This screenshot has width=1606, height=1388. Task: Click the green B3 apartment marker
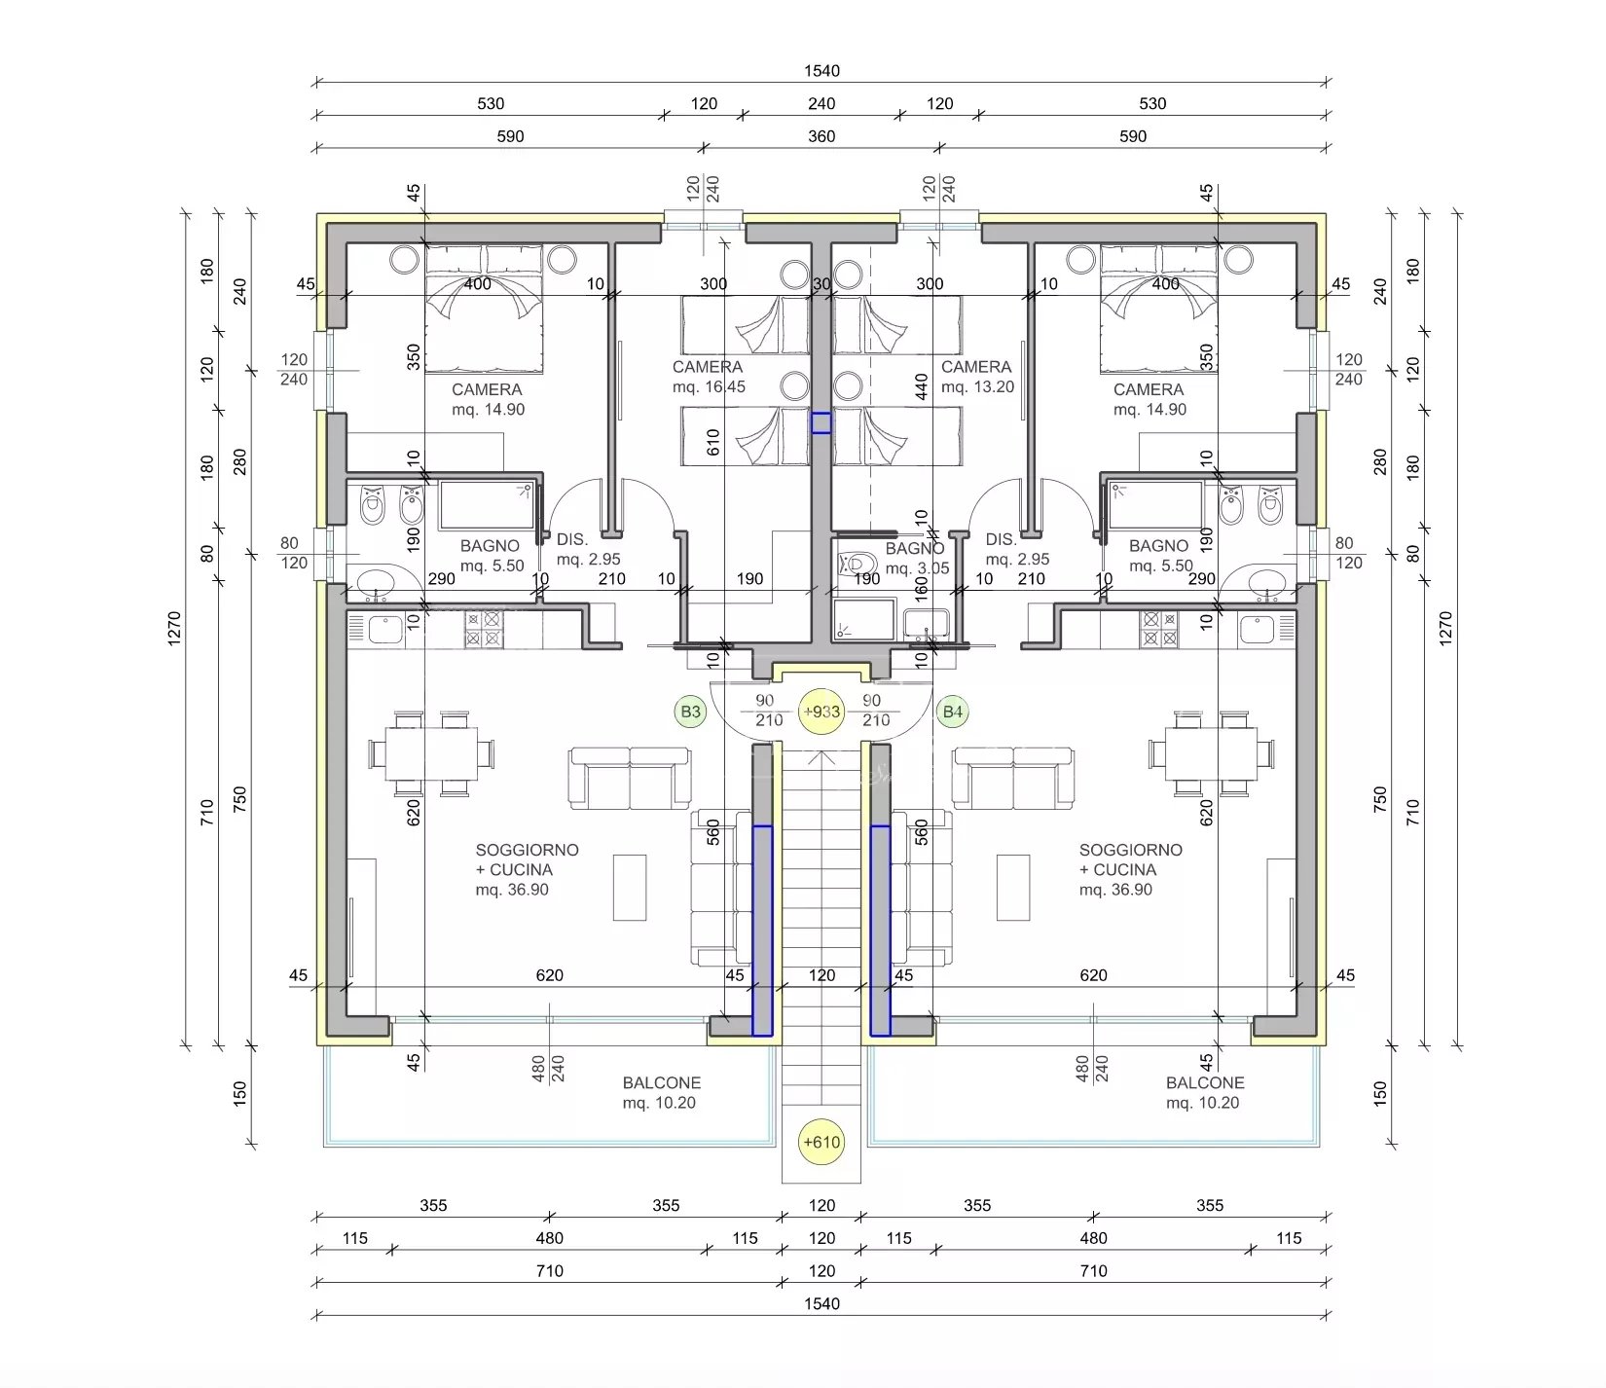tap(690, 712)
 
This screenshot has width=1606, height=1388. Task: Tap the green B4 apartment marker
tap(953, 712)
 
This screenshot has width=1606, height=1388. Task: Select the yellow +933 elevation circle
tap(821, 712)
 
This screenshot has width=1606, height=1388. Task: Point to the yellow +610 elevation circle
tap(821, 1142)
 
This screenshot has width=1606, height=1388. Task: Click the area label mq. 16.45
tap(709, 386)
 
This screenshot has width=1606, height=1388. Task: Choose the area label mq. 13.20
tap(977, 386)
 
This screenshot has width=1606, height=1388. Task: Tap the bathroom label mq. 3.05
tap(916, 568)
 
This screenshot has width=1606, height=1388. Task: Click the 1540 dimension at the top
tap(821, 71)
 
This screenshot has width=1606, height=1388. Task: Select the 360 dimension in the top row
tap(821, 136)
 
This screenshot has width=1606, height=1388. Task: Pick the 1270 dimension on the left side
tap(174, 629)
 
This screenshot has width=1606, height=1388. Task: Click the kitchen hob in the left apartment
tap(484, 629)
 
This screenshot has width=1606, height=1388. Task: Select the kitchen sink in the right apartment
tap(1268, 629)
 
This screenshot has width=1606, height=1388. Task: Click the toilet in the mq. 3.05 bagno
tap(857, 563)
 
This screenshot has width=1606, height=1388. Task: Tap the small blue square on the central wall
tap(821, 422)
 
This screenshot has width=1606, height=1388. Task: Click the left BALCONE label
tap(662, 1082)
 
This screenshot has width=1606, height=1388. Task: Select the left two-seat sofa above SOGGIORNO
tap(630, 778)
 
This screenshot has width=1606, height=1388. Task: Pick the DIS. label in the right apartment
tap(1001, 539)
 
